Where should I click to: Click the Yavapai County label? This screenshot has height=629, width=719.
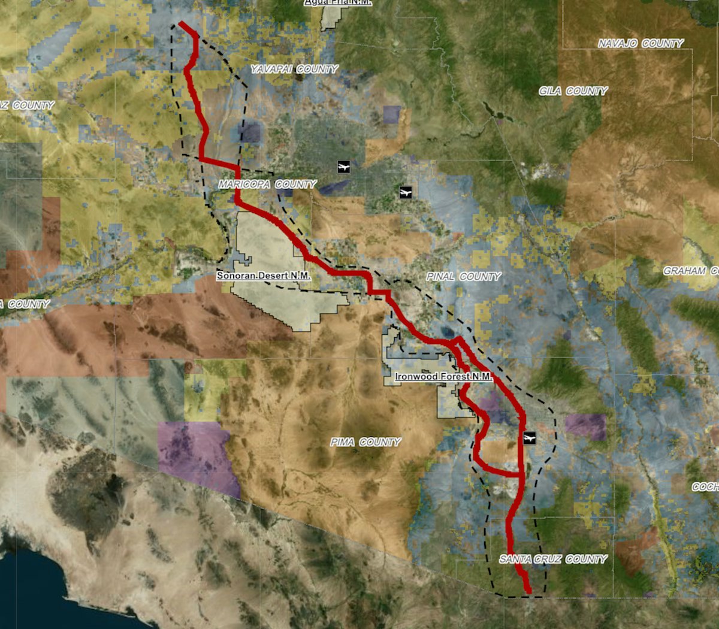tap(294, 69)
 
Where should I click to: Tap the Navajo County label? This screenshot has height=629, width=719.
tap(641, 43)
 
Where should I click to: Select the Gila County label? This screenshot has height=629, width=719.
tap(573, 91)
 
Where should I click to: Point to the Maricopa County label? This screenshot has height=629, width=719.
tap(267, 184)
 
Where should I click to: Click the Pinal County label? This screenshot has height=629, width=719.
tap(463, 276)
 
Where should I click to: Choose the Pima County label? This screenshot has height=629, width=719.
tap(365, 442)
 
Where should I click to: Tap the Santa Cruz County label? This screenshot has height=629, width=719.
tap(553, 559)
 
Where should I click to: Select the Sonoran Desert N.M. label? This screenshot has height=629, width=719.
tap(264, 276)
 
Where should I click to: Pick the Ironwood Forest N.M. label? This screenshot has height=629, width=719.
tap(443, 377)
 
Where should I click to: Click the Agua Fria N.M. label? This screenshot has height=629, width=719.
tap(338, 2)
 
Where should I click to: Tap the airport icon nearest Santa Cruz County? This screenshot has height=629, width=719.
tap(528, 438)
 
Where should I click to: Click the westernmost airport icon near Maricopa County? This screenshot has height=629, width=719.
tap(343, 167)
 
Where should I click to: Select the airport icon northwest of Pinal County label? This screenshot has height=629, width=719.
tap(406, 192)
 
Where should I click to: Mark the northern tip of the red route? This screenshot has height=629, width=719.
tap(181, 24)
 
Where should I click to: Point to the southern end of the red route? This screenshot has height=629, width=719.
tap(528, 592)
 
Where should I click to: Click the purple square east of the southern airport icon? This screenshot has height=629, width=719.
tap(585, 427)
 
